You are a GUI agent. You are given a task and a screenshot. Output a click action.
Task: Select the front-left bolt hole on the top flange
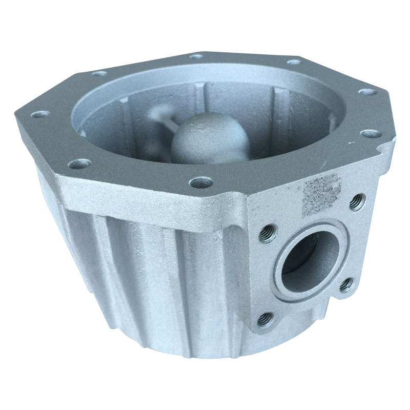tap(79, 164)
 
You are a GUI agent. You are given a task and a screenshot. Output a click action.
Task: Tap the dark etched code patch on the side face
tap(322, 193)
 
